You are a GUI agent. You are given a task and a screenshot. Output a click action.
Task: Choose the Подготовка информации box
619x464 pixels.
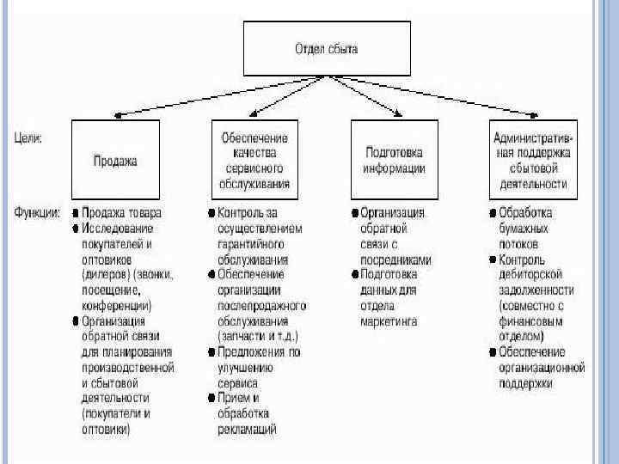tap(394, 161)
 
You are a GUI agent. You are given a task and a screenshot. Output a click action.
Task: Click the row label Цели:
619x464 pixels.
tap(31, 137)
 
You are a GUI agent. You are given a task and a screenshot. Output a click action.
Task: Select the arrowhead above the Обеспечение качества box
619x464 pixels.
tap(257, 115)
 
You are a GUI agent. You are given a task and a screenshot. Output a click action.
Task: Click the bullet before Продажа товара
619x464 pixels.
tap(76, 212)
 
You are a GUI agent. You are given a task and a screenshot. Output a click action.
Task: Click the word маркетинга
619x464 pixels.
tap(389, 321)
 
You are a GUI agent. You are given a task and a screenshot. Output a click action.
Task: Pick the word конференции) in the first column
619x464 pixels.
tap(118, 305)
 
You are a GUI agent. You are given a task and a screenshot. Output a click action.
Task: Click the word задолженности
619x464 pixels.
tap(542, 290)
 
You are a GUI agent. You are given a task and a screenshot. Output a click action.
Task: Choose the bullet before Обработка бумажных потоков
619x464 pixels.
tap(492, 212)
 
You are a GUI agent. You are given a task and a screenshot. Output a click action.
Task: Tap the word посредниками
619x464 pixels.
tap(395, 259)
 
